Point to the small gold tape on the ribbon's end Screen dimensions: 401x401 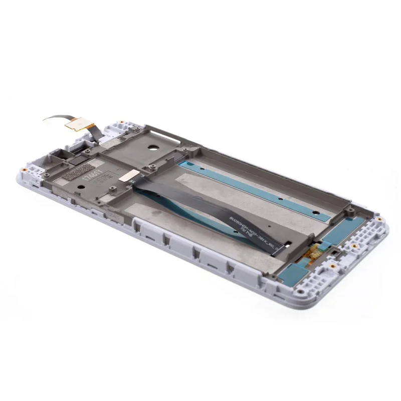click(x=132, y=174)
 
